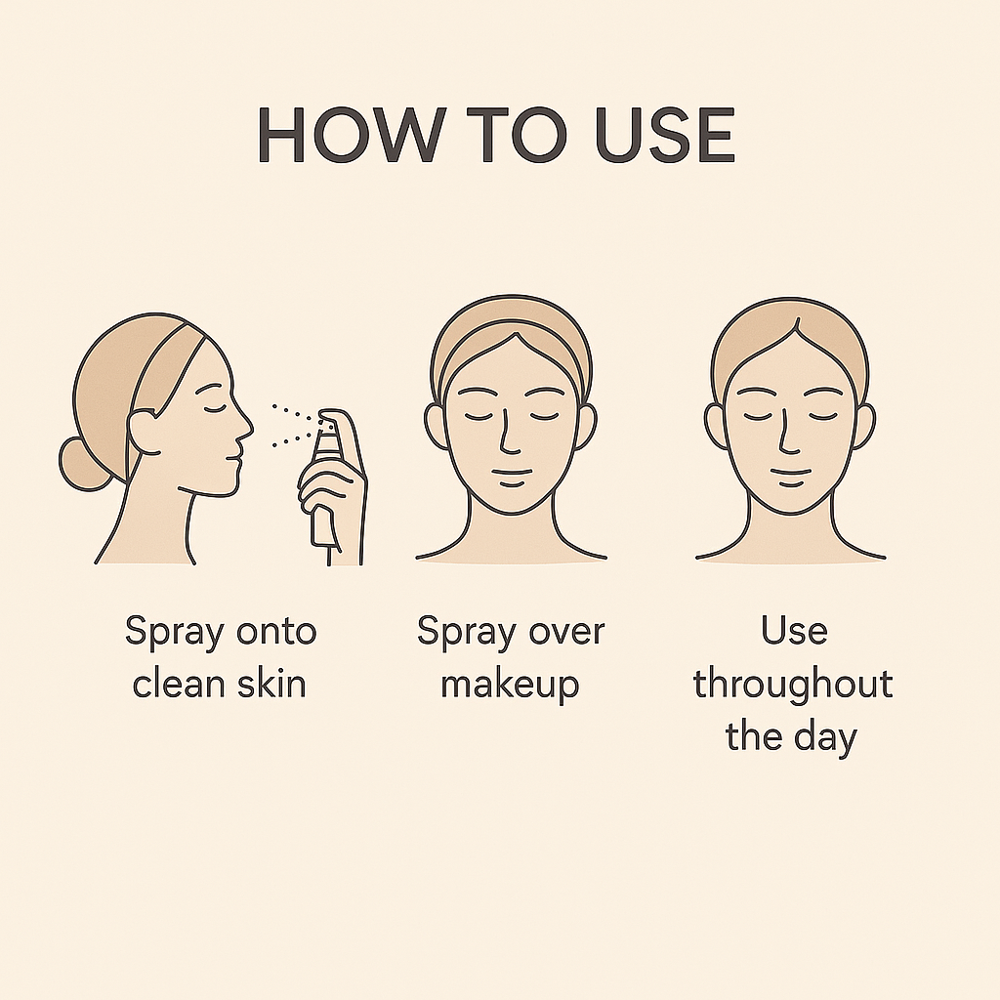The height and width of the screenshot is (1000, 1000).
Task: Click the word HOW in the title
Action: click(x=352, y=135)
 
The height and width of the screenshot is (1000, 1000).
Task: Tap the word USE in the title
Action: click(x=665, y=135)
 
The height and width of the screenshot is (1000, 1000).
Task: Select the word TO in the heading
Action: click(x=517, y=135)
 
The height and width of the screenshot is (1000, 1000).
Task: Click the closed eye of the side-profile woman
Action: click(x=212, y=408)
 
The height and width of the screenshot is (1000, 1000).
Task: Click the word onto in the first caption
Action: click(x=276, y=632)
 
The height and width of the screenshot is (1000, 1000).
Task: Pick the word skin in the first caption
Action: click(x=271, y=684)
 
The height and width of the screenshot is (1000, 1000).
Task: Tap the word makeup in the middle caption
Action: click(x=510, y=686)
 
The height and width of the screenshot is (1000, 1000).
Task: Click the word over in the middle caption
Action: click(x=567, y=633)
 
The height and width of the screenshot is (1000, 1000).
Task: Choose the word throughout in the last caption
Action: click(x=793, y=685)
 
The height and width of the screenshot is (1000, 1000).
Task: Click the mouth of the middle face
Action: click(x=512, y=473)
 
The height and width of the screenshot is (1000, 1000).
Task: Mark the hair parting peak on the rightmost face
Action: click(x=796, y=320)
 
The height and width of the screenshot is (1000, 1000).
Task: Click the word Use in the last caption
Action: click(x=794, y=632)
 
